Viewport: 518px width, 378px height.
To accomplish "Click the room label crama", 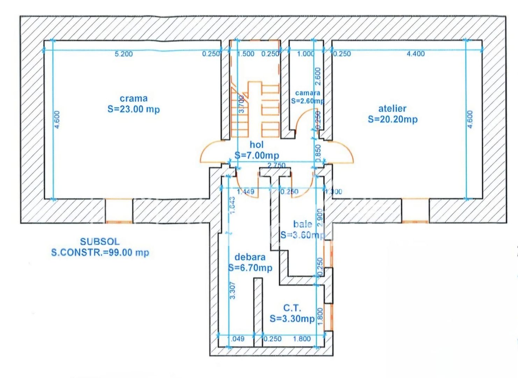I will pyautogui.click(x=134, y=99).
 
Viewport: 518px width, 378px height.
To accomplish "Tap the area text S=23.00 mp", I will pyautogui.click(x=134, y=109).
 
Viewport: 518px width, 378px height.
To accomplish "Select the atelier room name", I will pyautogui.click(x=392, y=108).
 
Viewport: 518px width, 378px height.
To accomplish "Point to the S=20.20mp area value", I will pyautogui.click(x=393, y=119).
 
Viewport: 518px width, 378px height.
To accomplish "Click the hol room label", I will pyautogui.click(x=257, y=145).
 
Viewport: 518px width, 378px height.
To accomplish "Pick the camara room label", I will pyautogui.click(x=308, y=93).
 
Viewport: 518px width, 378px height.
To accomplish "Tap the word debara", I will pyautogui.click(x=250, y=257).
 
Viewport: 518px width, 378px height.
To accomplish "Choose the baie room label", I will pyautogui.click(x=303, y=224).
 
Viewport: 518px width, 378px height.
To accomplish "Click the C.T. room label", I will pyautogui.click(x=292, y=308).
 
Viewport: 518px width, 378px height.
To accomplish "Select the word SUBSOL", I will pyautogui.click(x=100, y=241).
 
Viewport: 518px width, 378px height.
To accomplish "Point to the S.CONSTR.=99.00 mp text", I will pyautogui.click(x=100, y=252).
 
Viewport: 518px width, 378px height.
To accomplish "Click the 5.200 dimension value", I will pyautogui.click(x=124, y=54).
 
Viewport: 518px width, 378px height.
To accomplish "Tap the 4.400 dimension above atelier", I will pyautogui.click(x=416, y=54).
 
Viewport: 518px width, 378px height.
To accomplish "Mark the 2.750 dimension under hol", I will pyautogui.click(x=276, y=165).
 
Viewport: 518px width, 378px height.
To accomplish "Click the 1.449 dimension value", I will pyautogui.click(x=246, y=192).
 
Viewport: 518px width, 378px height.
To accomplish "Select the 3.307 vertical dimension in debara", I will pyautogui.click(x=233, y=290).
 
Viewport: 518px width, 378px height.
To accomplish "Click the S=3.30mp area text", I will pyautogui.click(x=292, y=319).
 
